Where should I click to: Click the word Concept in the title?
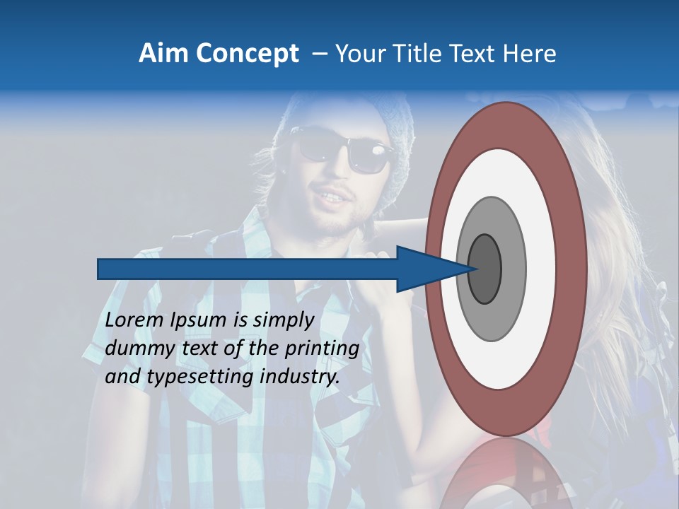(x=247, y=54)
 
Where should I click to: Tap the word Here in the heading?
(x=530, y=54)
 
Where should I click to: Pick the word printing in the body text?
(x=322, y=349)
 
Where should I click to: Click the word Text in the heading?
(x=475, y=54)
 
